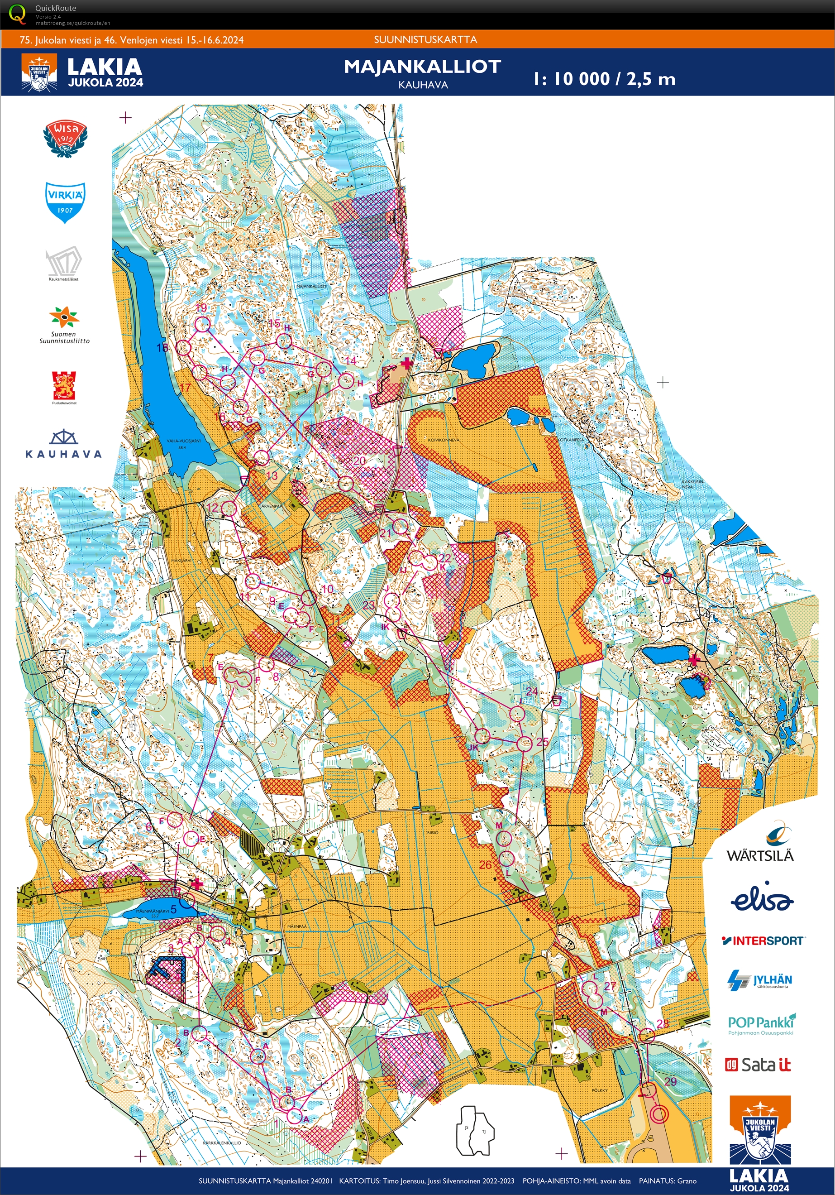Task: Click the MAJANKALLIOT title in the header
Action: (x=422, y=67)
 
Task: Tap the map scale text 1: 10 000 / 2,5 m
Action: (x=604, y=79)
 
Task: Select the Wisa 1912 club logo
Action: (x=65, y=138)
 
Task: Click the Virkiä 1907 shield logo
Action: (x=65, y=202)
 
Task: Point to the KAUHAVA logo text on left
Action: (x=63, y=454)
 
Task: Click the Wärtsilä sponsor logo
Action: (x=760, y=843)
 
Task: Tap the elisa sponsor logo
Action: (x=761, y=898)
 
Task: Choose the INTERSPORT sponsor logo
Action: (x=763, y=941)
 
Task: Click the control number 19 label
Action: (x=201, y=308)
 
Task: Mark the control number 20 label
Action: (x=359, y=461)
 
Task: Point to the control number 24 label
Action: (x=531, y=692)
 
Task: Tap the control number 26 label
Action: (x=485, y=864)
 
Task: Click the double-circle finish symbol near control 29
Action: (x=660, y=1114)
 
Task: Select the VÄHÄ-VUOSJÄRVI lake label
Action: (x=184, y=441)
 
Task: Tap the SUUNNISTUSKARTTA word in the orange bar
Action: (x=425, y=39)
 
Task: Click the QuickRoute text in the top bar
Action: (x=55, y=8)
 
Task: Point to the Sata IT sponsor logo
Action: (x=758, y=1065)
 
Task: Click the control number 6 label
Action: (x=149, y=827)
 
